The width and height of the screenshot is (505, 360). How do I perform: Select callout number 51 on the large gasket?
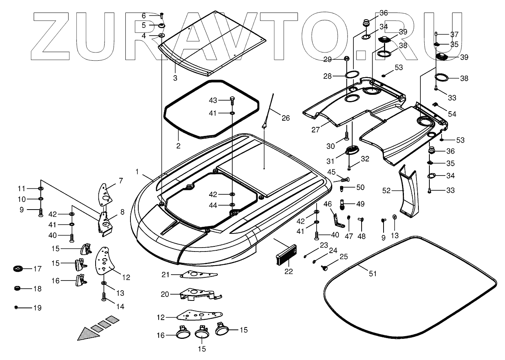[x=373, y=273]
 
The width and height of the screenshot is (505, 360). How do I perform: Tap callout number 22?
[x=289, y=271]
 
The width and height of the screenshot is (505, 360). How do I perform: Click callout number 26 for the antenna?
[x=286, y=118]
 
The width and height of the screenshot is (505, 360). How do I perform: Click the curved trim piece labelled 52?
[x=408, y=192]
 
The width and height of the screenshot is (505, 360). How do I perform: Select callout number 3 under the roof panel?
[x=175, y=78]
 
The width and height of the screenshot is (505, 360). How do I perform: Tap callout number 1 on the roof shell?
[x=137, y=171]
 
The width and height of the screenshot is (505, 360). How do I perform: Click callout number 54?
[x=452, y=114]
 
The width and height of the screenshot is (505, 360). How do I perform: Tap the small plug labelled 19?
[x=16, y=307]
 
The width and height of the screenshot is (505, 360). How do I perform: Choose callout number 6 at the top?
[x=143, y=16]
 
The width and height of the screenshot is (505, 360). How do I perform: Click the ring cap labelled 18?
[x=17, y=289]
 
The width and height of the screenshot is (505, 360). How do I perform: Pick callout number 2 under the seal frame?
[x=178, y=146]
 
